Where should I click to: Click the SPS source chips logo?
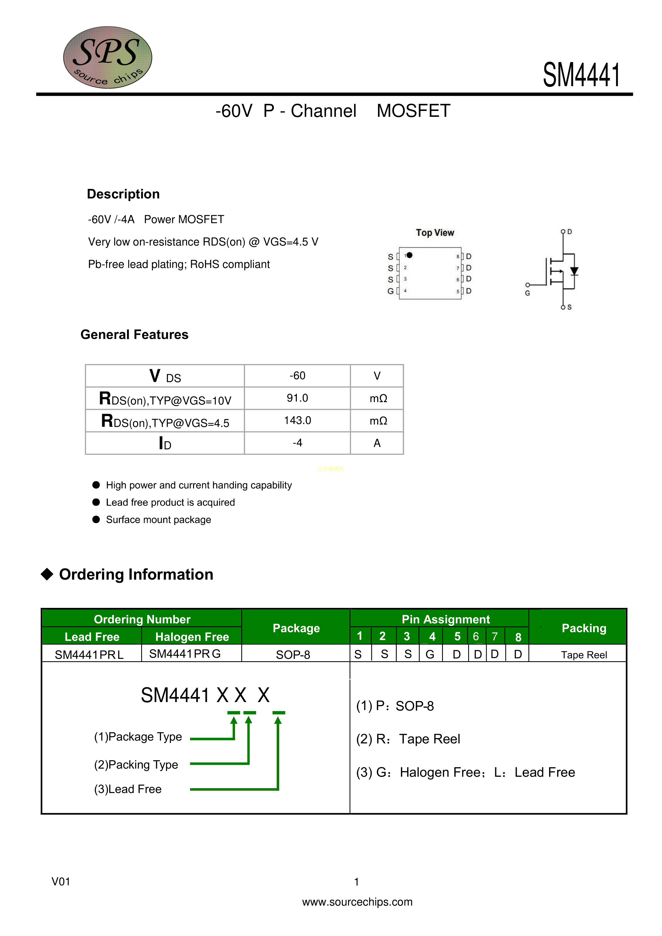tap(108, 57)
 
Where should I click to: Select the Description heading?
tap(123, 194)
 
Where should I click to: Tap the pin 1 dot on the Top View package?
tap(409, 255)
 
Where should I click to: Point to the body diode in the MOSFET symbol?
tap(574, 271)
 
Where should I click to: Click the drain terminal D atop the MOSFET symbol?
tap(563, 232)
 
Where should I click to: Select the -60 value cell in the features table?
tap(297, 376)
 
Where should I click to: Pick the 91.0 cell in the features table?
tap(297, 398)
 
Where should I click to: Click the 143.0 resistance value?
tap(297, 420)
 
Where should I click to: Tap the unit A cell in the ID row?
tap(377, 443)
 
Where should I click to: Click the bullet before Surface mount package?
tap(96, 519)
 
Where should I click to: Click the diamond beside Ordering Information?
tap(47, 574)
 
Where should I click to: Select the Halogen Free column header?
tap(192, 636)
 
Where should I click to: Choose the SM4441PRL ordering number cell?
tap(89, 654)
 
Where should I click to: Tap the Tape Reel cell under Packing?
tap(584, 655)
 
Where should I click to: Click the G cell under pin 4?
tap(430, 654)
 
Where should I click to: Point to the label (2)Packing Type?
tap(136, 764)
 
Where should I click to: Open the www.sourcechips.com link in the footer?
tap(357, 902)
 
